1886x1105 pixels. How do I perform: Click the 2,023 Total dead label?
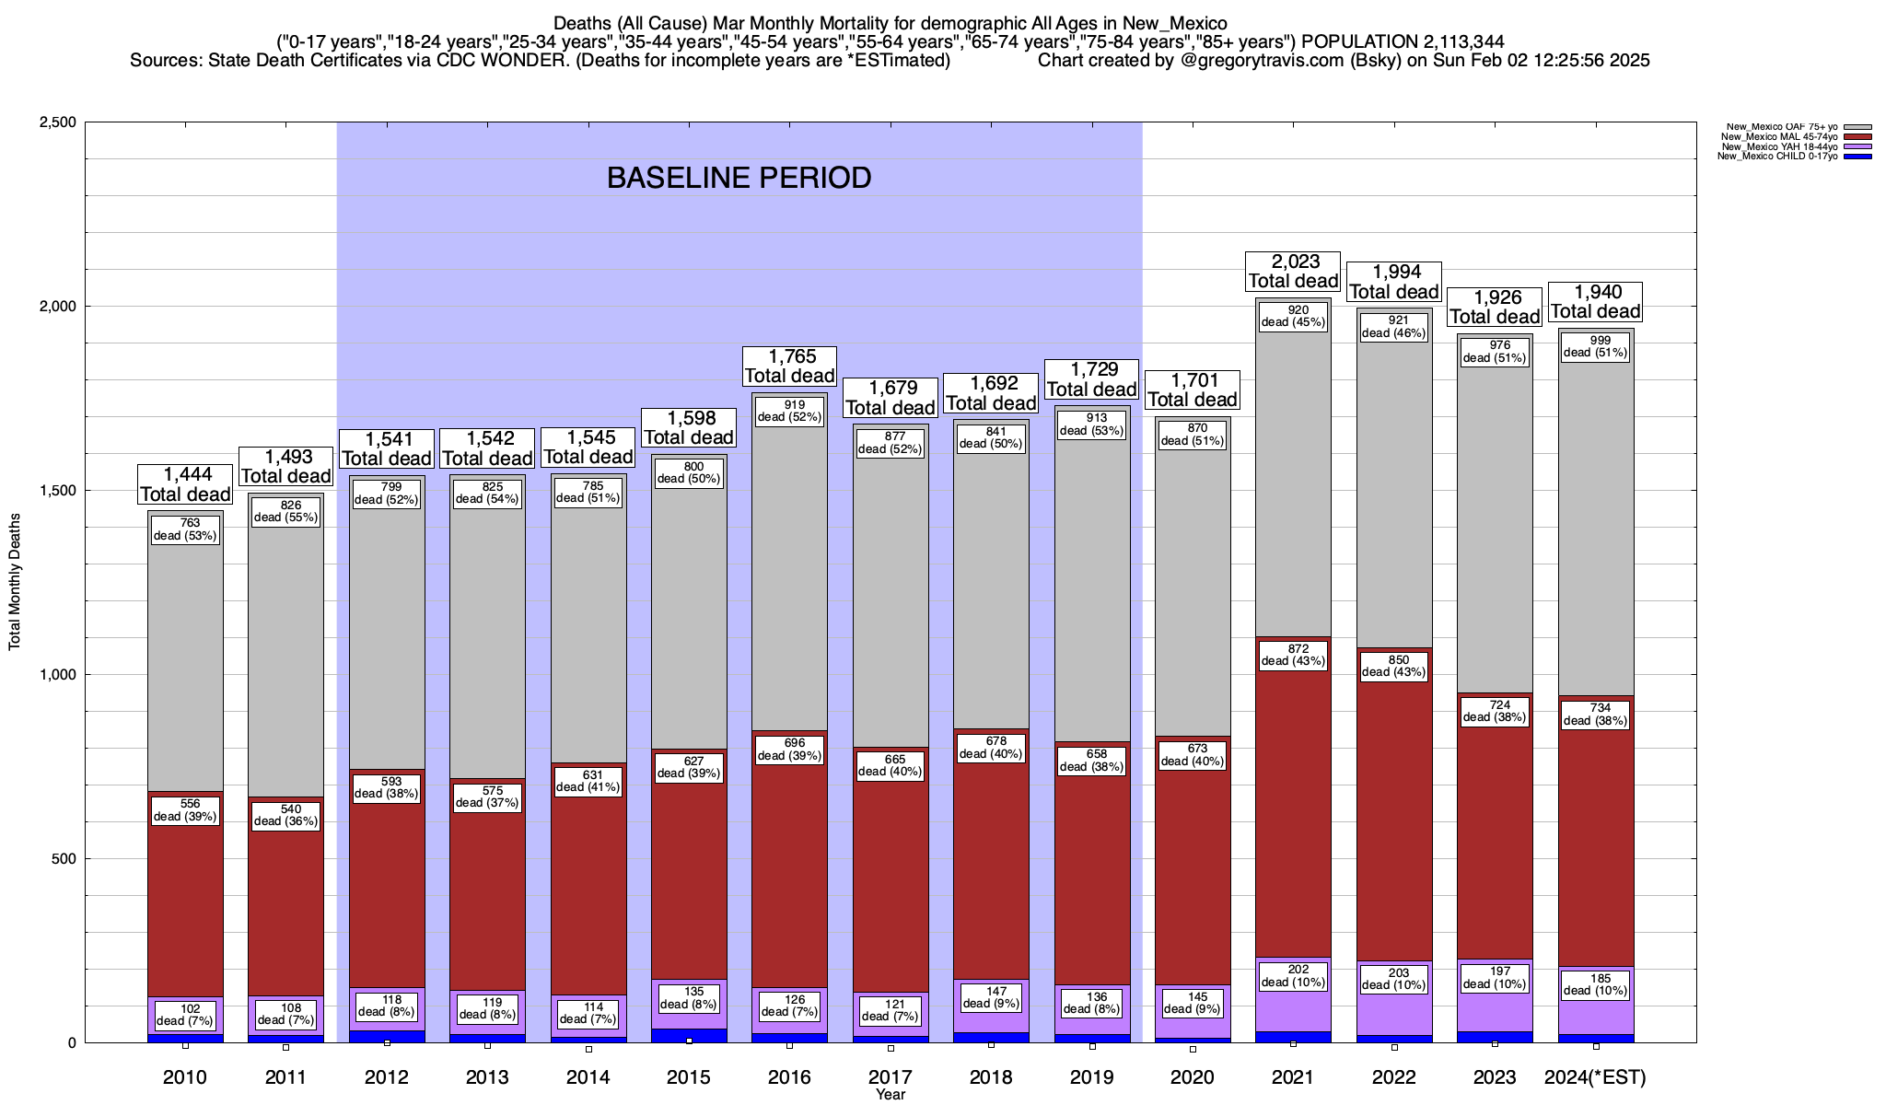coord(1293,272)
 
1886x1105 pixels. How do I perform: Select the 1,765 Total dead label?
coord(789,366)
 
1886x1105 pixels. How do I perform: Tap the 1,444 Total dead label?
coord(185,484)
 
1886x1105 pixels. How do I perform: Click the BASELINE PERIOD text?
coord(739,178)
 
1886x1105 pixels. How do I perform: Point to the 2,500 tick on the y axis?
coord(56,122)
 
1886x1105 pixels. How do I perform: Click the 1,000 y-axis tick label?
coord(56,675)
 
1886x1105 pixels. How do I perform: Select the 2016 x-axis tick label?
coord(789,1076)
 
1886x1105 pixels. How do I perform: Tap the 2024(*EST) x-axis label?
coord(1595,1076)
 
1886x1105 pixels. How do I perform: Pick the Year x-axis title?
coord(891,1095)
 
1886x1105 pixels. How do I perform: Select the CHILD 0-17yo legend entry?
coord(1777,157)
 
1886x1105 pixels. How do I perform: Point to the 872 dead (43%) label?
coord(1293,655)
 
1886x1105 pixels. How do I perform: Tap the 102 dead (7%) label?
coord(185,1015)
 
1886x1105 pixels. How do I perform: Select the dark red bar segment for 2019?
coord(1092,884)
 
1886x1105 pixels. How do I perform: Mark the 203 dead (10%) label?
coord(1394,979)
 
